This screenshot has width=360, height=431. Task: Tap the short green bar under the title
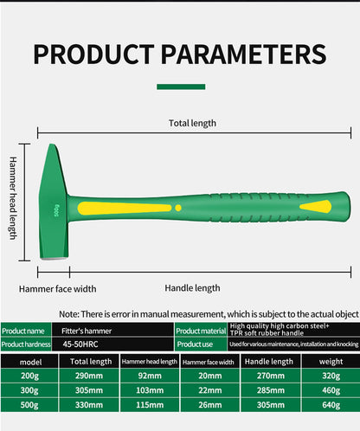coord(180,87)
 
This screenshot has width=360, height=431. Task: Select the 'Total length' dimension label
coord(192,123)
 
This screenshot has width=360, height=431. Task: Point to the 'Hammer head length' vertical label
coord(13,198)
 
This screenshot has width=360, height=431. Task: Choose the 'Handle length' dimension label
coord(192,287)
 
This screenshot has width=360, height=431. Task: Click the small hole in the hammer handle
coord(178,208)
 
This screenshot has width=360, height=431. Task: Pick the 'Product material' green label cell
coord(200,331)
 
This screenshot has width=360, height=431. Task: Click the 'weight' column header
coord(330,361)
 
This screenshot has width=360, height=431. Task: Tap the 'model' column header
coord(30,361)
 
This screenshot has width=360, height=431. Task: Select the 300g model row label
coord(30,390)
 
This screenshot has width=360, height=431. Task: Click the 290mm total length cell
coord(89,376)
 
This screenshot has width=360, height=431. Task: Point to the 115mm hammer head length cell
coord(150,405)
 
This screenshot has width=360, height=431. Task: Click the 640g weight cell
coord(330,405)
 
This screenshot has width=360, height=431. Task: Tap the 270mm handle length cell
coord(270,376)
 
